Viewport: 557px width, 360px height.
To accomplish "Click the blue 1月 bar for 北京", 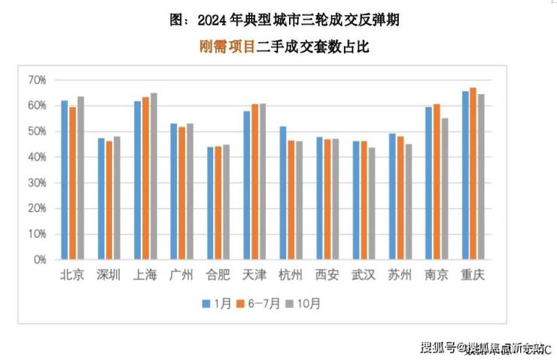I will click(x=65, y=180).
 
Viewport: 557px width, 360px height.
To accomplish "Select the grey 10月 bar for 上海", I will click(x=154, y=176).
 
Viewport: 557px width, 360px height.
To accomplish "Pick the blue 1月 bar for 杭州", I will click(x=283, y=193).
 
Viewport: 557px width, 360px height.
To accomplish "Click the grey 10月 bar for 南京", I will click(x=444, y=188).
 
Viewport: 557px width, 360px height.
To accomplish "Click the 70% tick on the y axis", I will click(x=37, y=80).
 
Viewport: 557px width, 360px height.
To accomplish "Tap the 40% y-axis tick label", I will click(x=37, y=157).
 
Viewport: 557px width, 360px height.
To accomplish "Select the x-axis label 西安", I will click(x=327, y=275).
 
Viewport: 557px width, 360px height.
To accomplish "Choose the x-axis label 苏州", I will click(x=400, y=275).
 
